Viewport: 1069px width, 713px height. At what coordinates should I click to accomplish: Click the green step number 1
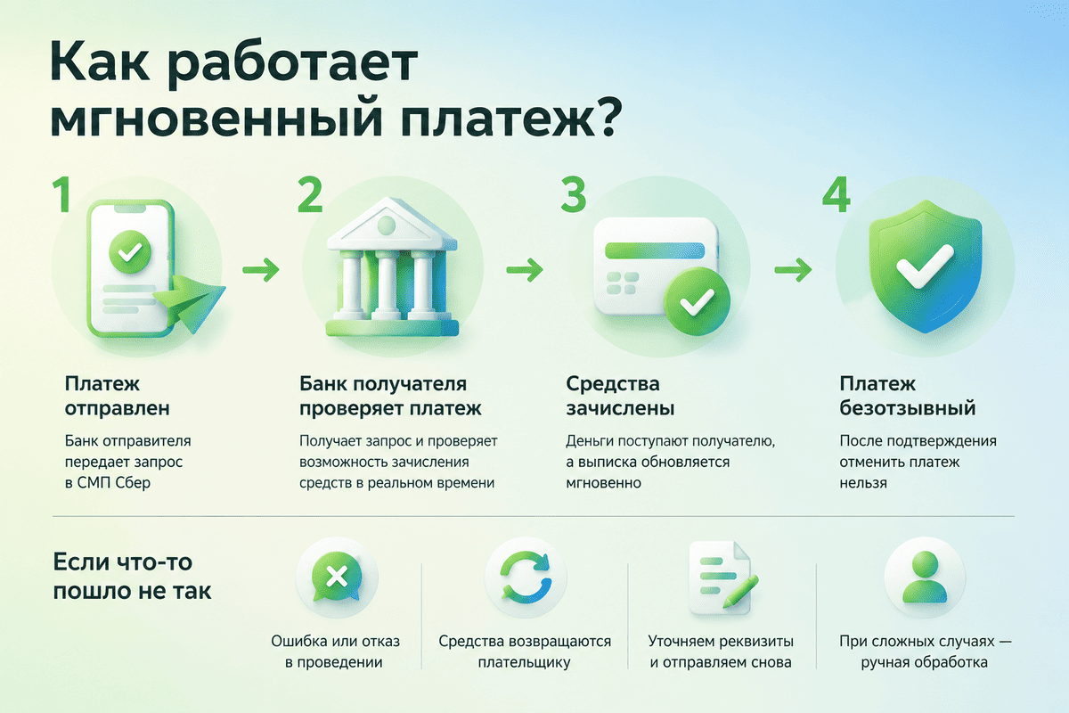[x=62, y=194]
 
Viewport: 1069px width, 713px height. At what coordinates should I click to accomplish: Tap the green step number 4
[x=836, y=194]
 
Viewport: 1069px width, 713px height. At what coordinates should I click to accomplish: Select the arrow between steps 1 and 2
[x=260, y=270]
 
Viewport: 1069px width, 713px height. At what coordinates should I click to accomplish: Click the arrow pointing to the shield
[x=793, y=270]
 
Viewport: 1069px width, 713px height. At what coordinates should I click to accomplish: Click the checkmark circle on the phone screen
[x=130, y=251]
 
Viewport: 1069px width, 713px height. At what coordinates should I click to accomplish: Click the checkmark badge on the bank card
[x=697, y=301]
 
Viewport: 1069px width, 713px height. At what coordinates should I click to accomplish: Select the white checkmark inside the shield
[x=925, y=266]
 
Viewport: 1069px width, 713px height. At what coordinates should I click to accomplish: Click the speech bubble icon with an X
[x=337, y=577]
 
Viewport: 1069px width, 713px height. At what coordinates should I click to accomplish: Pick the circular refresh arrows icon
[x=526, y=577]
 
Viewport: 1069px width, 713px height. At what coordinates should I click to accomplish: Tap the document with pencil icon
[x=722, y=578]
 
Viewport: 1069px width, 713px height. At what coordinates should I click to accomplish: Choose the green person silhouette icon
[x=925, y=577]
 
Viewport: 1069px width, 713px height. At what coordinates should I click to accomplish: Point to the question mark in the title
[x=606, y=117]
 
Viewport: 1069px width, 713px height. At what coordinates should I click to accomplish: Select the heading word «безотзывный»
[x=908, y=408]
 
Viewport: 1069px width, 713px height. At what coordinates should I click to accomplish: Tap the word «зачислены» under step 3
[x=620, y=408]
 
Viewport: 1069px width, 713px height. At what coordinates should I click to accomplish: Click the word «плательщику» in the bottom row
[x=524, y=662]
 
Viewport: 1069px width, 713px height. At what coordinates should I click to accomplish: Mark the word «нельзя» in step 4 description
[x=863, y=483]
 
